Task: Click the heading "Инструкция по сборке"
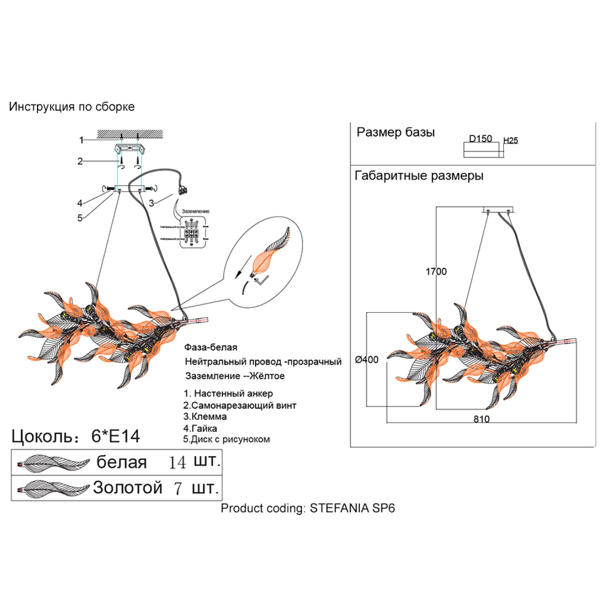tap(72, 107)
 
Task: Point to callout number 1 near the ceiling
tap(81, 140)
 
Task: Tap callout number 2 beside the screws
tap(80, 161)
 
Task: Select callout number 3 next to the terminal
tap(152, 203)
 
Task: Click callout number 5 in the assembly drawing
tap(80, 218)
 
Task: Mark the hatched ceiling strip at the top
tap(130, 134)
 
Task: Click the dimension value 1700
tap(436, 271)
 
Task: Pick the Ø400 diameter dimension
tap(367, 360)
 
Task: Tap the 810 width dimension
tap(481, 419)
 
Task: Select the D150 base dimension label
tap(480, 138)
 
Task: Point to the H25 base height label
tap(510, 140)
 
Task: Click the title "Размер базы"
tap(395, 132)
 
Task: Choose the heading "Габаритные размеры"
tap(419, 176)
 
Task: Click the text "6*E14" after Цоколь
tap(116, 436)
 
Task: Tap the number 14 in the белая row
tap(177, 463)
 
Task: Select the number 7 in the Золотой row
tap(178, 488)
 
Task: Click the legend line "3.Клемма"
tap(205, 416)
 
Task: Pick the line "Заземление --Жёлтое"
tap(235, 376)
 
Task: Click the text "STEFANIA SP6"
tap(352, 508)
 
